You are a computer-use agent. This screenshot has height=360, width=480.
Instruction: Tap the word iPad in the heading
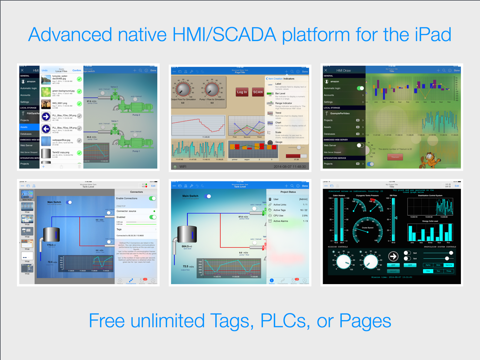[x=429, y=35]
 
